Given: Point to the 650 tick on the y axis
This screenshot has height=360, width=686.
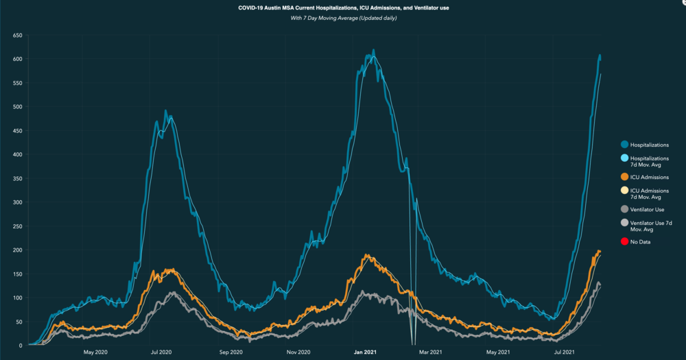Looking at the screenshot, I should click(x=18, y=35).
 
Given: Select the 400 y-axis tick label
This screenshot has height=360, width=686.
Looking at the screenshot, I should click(x=18, y=154).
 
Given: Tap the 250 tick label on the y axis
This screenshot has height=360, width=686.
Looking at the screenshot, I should click(x=18, y=226).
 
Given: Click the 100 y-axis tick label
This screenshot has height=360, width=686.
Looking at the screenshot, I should click(x=18, y=298).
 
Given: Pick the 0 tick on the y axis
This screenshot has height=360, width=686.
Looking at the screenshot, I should click(x=21, y=346).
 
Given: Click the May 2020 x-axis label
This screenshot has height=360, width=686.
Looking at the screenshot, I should click(x=95, y=352).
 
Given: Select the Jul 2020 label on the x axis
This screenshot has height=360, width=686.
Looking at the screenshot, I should click(x=161, y=352).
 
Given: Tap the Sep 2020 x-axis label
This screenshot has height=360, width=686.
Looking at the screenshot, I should click(x=231, y=352).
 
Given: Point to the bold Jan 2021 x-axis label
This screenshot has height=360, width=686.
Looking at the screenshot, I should click(x=364, y=352).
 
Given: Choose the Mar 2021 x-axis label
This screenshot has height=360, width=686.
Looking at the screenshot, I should click(x=430, y=352).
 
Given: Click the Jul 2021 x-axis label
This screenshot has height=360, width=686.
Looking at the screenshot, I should click(x=564, y=352).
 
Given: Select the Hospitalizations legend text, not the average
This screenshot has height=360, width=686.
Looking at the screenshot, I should click(x=649, y=145).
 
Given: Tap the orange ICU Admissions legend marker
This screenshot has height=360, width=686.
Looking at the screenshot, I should click(x=624, y=178).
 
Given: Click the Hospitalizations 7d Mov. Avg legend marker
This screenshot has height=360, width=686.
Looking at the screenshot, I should click(x=624, y=158).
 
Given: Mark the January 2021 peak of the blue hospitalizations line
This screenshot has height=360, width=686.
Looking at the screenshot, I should click(x=373, y=51).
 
